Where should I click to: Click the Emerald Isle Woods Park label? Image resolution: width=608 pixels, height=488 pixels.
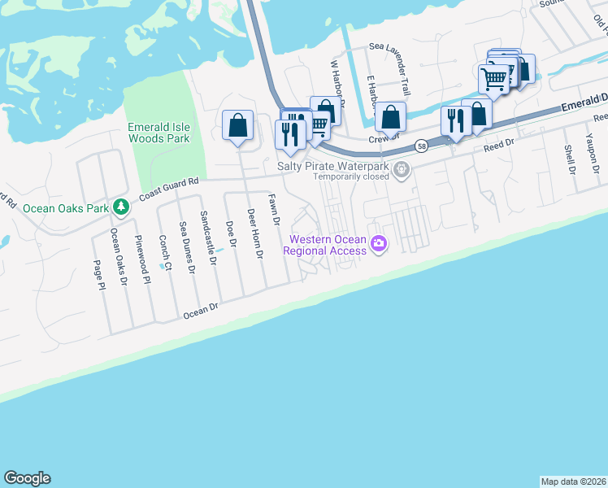pyautogui.click(x=159, y=132)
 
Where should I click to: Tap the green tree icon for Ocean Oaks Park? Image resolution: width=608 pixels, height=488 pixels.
pyautogui.click(x=121, y=207)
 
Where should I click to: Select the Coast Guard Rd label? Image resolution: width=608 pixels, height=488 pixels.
pyautogui.click(x=169, y=190)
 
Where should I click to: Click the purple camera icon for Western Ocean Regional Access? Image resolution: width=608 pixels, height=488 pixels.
pyautogui.click(x=378, y=243)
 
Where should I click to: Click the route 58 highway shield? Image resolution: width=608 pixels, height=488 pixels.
pyautogui.click(x=420, y=146)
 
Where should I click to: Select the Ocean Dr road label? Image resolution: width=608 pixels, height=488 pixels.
pyautogui.click(x=202, y=310)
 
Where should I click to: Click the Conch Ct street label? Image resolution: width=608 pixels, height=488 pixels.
pyautogui.click(x=165, y=252)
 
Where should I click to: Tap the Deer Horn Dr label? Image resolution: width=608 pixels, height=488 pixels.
pyautogui.click(x=255, y=233)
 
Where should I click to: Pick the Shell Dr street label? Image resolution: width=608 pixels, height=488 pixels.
pyautogui.click(x=569, y=159)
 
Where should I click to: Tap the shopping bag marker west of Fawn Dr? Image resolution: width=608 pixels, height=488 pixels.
pyautogui.click(x=237, y=126)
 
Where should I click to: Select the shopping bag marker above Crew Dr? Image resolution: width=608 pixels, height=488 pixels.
pyautogui.click(x=391, y=117)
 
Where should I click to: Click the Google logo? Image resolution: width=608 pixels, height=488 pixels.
pyautogui.click(x=27, y=478)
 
